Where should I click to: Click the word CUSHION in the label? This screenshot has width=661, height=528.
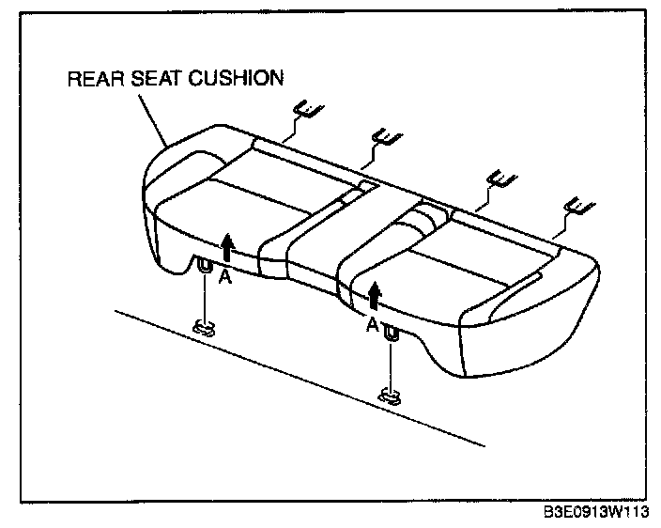[x=237, y=78]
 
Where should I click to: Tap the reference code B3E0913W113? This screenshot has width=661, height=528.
[x=596, y=514]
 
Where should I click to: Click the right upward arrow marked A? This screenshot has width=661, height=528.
[x=376, y=297]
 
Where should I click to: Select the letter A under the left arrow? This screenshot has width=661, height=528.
[x=223, y=277]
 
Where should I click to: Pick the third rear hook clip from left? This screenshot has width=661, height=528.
[x=499, y=179]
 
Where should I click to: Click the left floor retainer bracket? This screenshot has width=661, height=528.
[x=205, y=328]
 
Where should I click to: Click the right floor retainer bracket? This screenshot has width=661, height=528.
[x=389, y=396]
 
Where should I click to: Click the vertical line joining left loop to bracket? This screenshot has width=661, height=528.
[x=204, y=299]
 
